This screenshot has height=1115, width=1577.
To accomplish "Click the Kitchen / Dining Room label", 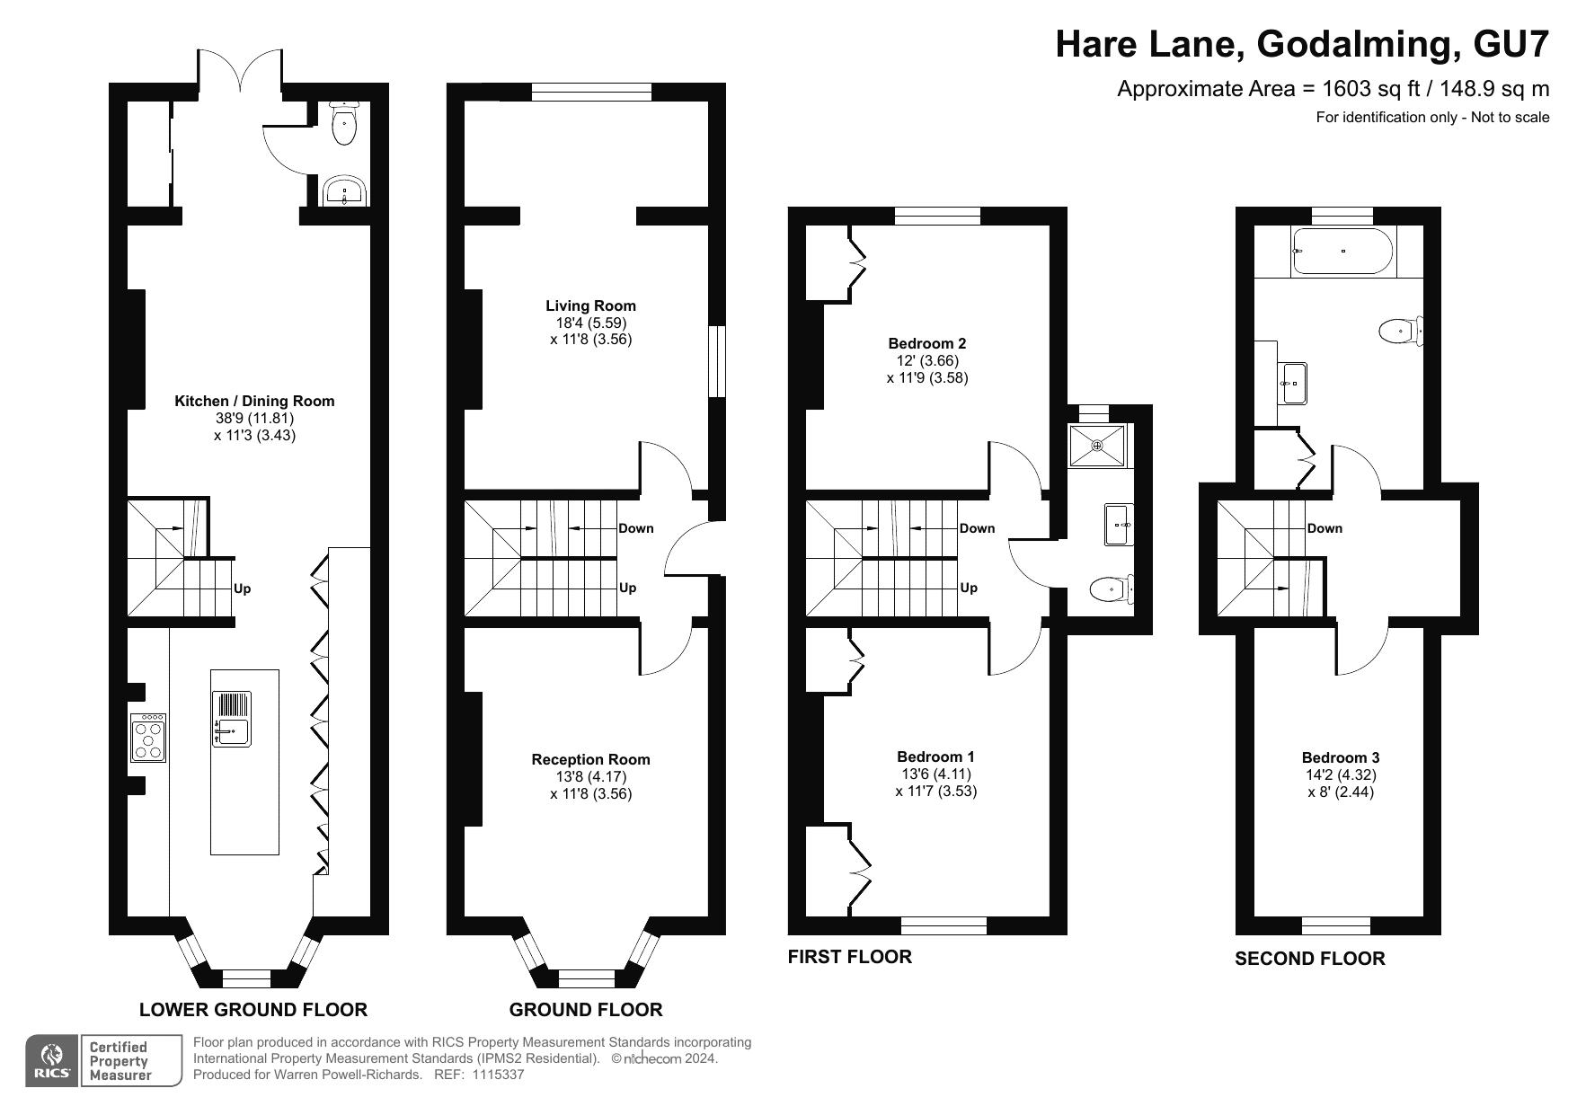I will tap(254, 402).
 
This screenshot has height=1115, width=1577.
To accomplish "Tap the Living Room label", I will tap(590, 306).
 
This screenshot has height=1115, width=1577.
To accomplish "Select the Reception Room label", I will tap(590, 760).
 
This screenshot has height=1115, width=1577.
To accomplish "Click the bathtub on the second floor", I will tap(1342, 250).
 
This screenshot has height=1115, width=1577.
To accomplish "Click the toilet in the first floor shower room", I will tap(1109, 589).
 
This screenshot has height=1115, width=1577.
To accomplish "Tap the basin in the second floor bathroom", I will tap(1294, 384).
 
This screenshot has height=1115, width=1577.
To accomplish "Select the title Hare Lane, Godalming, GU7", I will tap(1302, 44).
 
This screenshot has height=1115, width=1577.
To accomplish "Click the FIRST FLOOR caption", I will tap(849, 957).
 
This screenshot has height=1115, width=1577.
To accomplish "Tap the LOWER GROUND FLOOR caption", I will tap(253, 1010).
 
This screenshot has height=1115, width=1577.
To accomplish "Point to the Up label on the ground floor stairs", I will tap(627, 588).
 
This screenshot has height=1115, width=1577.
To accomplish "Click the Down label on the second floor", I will tap(1325, 528).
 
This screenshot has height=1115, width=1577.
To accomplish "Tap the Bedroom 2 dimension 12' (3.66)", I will tap(926, 360).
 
